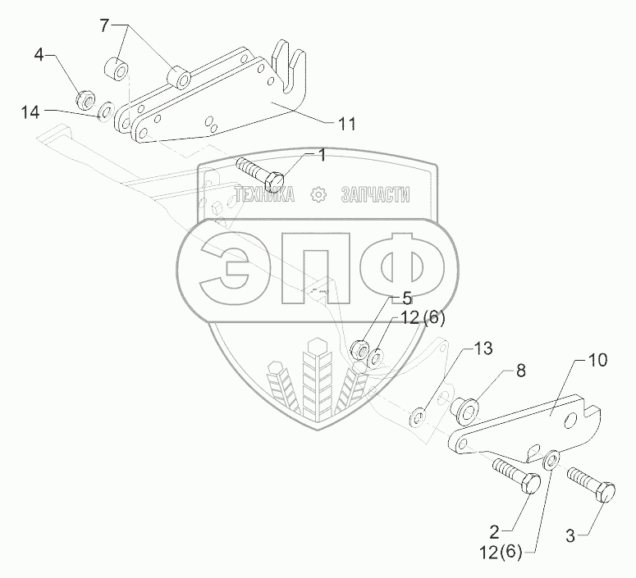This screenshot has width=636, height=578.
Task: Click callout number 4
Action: tap(39, 55)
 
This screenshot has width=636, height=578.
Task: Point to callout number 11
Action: tap(346, 124)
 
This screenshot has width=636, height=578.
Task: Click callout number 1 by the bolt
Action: tap(322, 154)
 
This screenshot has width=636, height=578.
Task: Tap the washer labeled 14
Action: tap(106, 111)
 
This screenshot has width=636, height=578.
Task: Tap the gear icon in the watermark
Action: tap(317, 194)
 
